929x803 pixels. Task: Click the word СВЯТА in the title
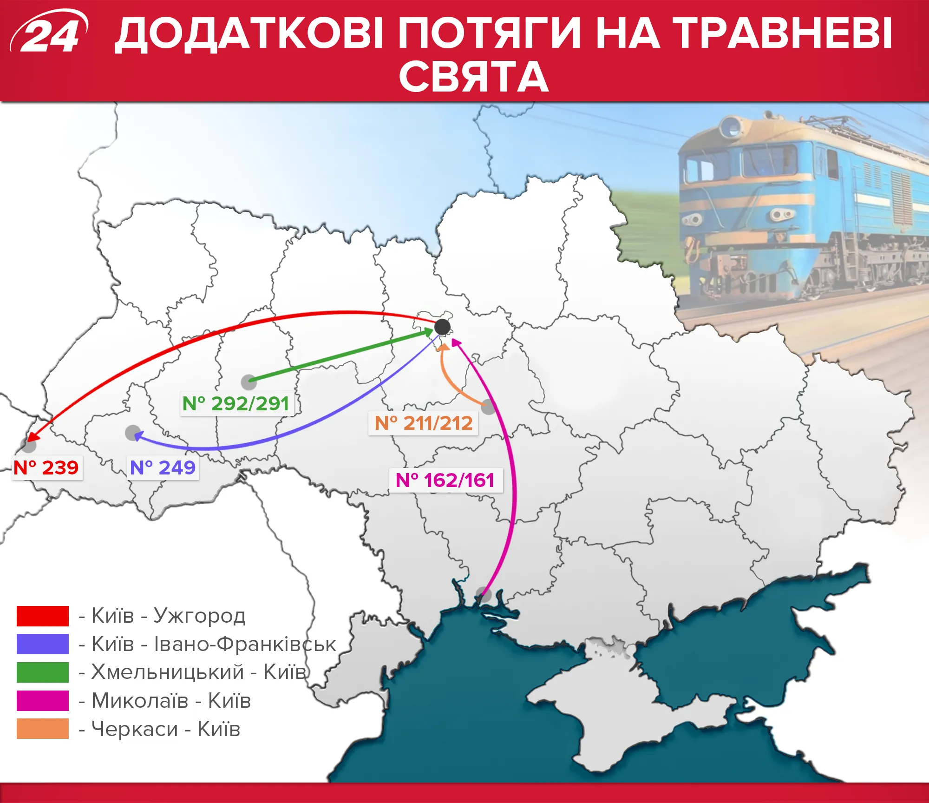474,77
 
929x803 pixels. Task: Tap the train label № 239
46,467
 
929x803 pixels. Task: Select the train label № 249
163,467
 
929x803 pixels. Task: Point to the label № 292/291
236,403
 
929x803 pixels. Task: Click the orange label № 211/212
423,423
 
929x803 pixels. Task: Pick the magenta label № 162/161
445,480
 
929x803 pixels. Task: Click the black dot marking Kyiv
442,327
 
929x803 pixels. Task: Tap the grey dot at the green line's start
249,382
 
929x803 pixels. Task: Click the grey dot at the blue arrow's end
133,433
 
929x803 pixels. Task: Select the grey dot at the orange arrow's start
488,407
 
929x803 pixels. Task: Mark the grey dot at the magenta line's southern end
484,594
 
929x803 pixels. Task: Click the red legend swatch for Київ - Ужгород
43,616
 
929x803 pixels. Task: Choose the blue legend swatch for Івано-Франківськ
43,644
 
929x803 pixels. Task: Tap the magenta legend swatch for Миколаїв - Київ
43,701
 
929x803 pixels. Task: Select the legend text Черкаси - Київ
165,729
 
